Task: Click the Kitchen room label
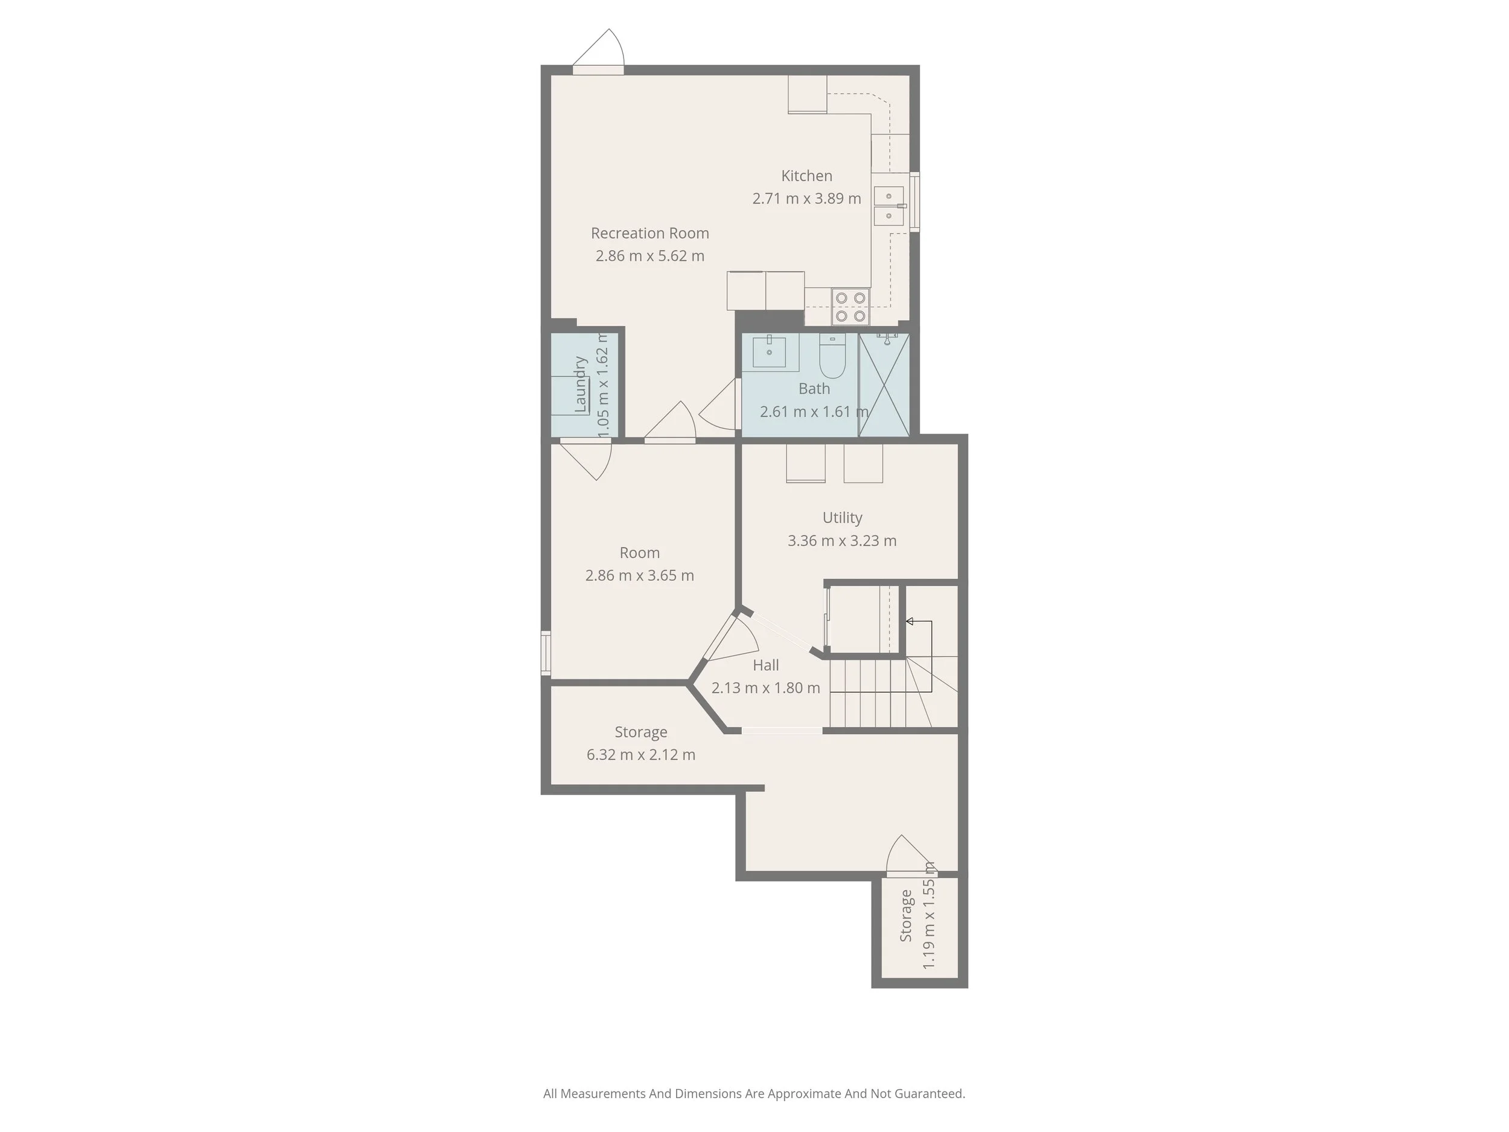tap(806, 176)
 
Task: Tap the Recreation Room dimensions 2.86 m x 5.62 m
tap(649, 256)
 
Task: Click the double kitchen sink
tap(889, 206)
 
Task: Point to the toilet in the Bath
tap(832, 356)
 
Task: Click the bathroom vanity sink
tap(769, 352)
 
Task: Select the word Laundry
tap(581, 384)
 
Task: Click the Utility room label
tap(842, 518)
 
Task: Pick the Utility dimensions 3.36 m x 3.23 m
tap(842, 541)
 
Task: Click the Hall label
tap(765, 665)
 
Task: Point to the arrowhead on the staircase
tap(910, 621)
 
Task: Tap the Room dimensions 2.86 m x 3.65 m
tap(639, 576)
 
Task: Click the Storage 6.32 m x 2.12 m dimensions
tap(640, 755)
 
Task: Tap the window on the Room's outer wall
tap(546, 653)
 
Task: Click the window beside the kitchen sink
tap(915, 202)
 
